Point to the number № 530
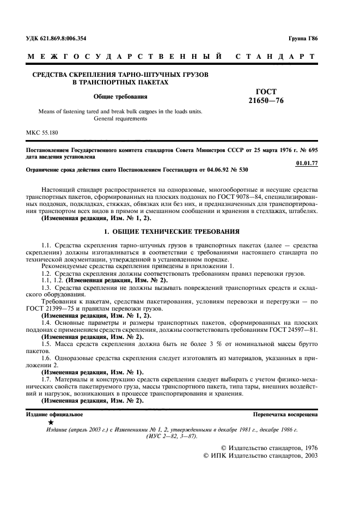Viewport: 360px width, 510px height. pyautogui.click(x=240, y=170)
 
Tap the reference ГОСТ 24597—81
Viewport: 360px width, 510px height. pyautogui.click(x=295, y=330)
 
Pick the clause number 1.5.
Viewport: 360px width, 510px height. pyautogui.click(x=46, y=344)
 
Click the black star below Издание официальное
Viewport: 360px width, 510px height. pyautogui.click(x=51, y=422)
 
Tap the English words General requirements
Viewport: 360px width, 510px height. pyautogui.click(x=120, y=118)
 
